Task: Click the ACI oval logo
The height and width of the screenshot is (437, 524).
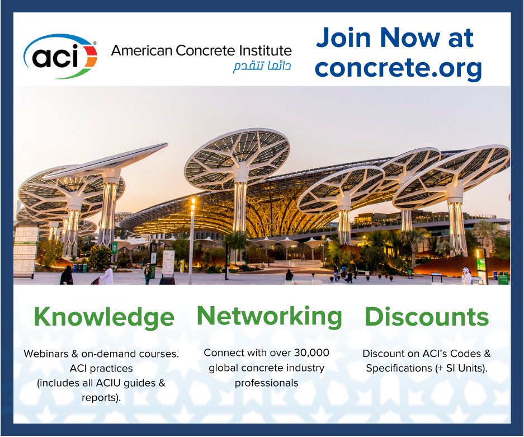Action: [60, 56]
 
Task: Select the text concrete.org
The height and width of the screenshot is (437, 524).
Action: [398, 68]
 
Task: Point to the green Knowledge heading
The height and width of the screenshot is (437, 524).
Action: [104, 317]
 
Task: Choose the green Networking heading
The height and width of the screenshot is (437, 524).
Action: [270, 316]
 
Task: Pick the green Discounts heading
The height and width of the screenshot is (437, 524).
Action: [427, 317]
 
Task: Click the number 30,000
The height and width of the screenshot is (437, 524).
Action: [311, 353]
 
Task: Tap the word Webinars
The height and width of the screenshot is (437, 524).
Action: [46, 354]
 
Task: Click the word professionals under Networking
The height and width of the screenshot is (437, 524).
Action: [266, 383]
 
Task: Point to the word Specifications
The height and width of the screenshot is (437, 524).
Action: [399, 368]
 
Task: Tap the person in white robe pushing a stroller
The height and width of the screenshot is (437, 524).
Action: [107, 275]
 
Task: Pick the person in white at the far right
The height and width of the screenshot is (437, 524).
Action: [466, 276]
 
